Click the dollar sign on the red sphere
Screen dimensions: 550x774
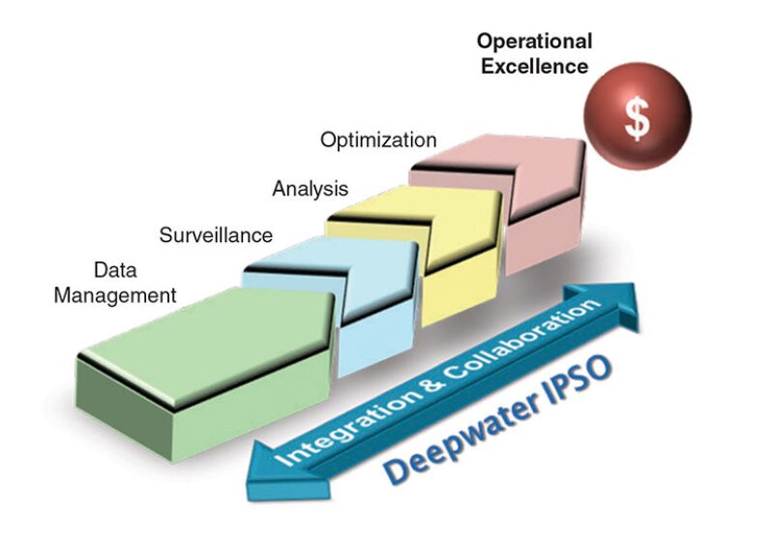(x=637, y=118)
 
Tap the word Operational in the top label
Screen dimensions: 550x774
(x=533, y=42)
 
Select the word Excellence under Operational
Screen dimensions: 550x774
(x=534, y=66)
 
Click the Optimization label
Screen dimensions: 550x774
(x=378, y=140)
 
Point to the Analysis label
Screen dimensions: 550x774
(x=310, y=188)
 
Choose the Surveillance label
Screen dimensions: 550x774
(x=216, y=234)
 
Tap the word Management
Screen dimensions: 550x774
(x=115, y=295)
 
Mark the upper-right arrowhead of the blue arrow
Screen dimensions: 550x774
(x=623, y=300)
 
